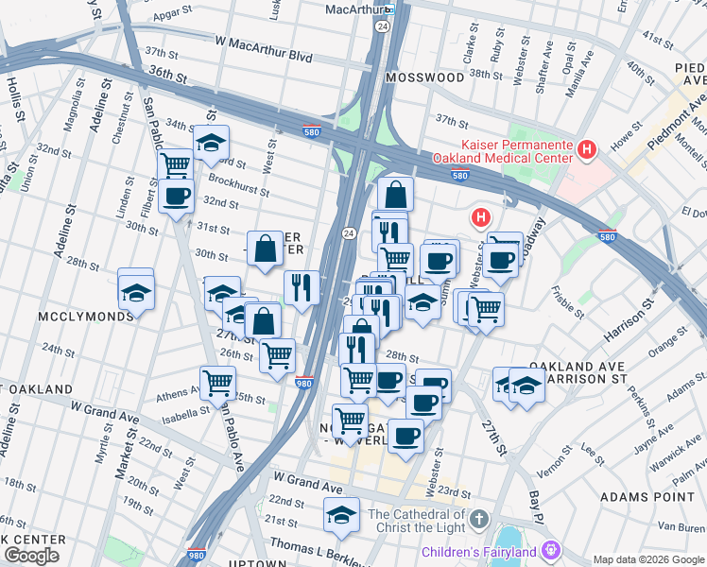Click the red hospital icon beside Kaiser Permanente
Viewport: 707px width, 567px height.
tap(587, 149)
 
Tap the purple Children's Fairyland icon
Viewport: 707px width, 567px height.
tap(547, 550)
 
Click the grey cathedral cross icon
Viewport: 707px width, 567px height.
tap(479, 520)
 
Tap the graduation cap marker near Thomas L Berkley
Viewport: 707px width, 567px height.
tap(341, 515)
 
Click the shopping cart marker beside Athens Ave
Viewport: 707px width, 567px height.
tap(218, 384)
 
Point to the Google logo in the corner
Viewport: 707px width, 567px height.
tap(31, 556)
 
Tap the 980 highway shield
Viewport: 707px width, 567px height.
tap(303, 384)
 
